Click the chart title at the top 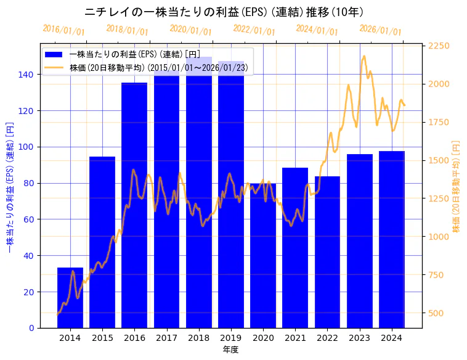click(224, 12)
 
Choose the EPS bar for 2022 click(327, 252)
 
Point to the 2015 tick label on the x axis click(102, 338)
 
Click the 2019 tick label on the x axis click(231, 338)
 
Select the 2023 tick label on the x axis click(360, 338)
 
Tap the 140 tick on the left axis click(29, 75)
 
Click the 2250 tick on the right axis click(439, 46)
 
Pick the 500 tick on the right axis click(436, 313)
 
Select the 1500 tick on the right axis click(439, 160)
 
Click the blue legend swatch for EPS click(54, 55)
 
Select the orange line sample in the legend click(54, 67)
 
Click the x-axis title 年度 click(231, 350)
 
